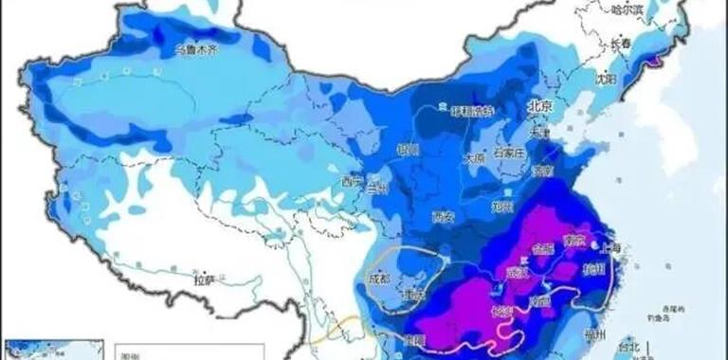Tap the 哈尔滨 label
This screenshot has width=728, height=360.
[626, 11]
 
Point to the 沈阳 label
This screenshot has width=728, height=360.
[607, 77]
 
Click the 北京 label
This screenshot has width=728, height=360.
[538, 107]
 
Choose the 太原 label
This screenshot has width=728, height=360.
[474, 158]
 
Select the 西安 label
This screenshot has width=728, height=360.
[443, 217]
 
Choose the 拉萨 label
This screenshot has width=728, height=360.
[205, 279]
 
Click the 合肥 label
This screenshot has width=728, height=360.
[543, 251]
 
